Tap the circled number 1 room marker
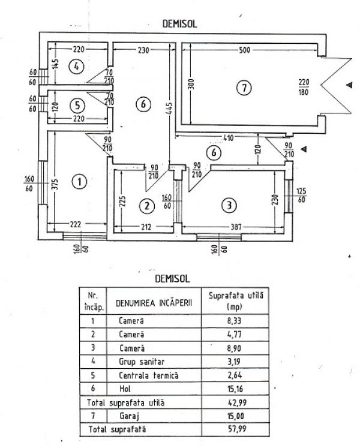[78, 179]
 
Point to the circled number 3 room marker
[227, 205]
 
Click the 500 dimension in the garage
[244, 50]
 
